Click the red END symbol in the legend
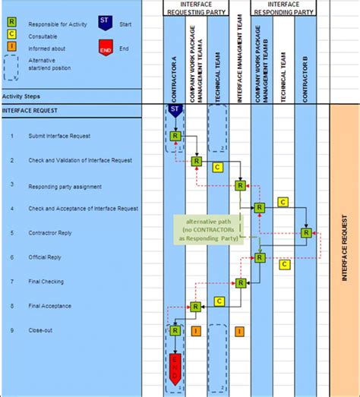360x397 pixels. tap(106, 50)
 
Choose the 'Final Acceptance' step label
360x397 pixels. tap(50, 306)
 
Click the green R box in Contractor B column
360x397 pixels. tap(306, 233)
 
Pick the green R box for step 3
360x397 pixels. tap(240, 184)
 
